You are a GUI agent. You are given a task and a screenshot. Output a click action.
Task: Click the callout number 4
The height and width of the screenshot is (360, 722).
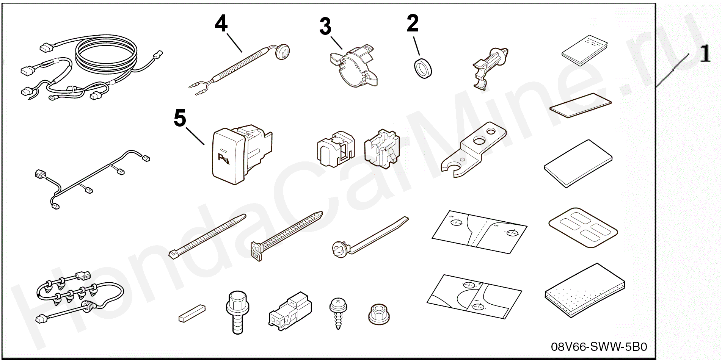click(x=221, y=24)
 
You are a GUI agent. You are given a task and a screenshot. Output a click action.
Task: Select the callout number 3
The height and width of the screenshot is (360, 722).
click(x=325, y=27)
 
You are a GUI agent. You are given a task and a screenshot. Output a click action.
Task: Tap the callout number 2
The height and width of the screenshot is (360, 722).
click(x=413, y=23)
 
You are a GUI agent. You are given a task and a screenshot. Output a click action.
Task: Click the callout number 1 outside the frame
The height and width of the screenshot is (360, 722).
click(x=705, y=54)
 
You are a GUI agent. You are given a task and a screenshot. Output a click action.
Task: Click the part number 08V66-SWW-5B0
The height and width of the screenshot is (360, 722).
click(x=599, y=347)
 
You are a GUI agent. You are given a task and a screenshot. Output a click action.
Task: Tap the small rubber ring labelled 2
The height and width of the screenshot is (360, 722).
click(x=422, y=68)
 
